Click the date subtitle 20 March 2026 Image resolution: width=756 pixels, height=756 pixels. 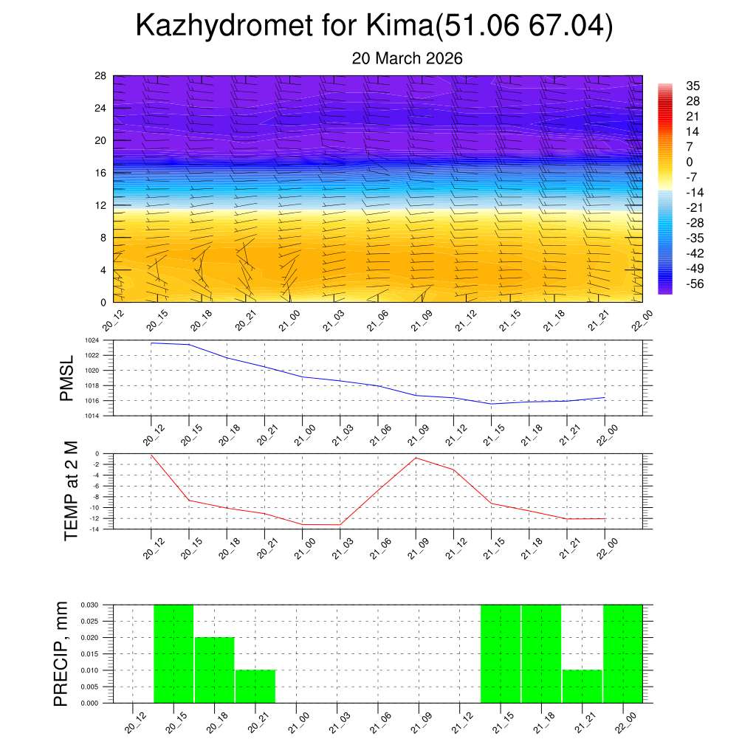pyautogui.click(x=407, y=58)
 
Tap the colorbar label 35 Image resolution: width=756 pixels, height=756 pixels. pyautogui.click(x=693, y=86)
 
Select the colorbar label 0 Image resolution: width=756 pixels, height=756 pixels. pyautogui.click(x=690, y=162)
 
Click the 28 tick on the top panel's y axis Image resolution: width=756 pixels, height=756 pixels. pyautogui.click(x=100, y=75)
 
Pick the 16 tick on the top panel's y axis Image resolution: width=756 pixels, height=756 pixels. pyautogui.click(x=100, y=173)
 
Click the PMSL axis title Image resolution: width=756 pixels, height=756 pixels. pyautogui.click(x=67, y=378)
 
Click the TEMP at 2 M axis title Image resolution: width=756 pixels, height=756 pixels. pyautogui.click(x=71, y=491)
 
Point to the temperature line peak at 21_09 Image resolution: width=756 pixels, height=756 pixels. pyautogui.click(x=416, y=458)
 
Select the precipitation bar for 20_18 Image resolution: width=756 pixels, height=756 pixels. pyautogui.click(x=215, y=670)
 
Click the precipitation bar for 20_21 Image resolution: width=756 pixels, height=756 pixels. pyautogui.click(x=255, y=686)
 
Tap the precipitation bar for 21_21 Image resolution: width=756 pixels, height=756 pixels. pyautogui.click(x=582, y=686)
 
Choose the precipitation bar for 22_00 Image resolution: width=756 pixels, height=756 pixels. pyautogui.click(x=622, y=653)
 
